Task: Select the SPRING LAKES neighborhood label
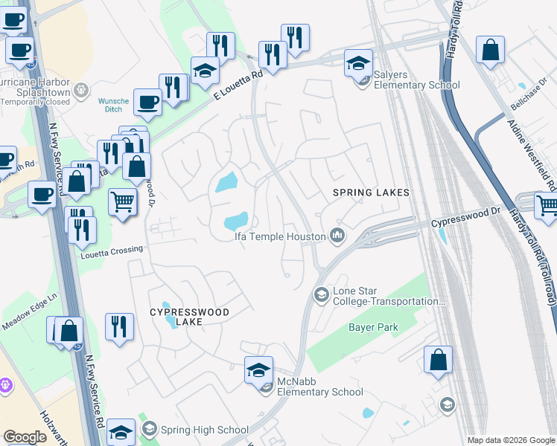(371, 193)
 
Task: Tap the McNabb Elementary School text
(319, 387)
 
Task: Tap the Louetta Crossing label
(111, 250)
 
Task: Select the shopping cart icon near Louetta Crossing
(122, 201)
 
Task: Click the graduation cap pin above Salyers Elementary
(358, 62)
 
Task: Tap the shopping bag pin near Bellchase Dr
(491, 50)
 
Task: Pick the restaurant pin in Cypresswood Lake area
(119, 326)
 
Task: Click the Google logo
(25, 437)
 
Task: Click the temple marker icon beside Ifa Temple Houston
(337, 236)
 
